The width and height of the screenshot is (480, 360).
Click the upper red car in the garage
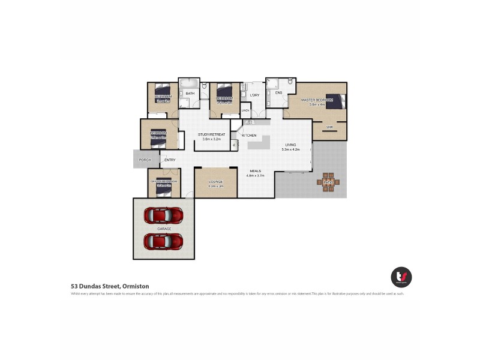point(163,215)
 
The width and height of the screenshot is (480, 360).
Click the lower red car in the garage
point(163,241)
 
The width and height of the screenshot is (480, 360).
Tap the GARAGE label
point(164,229)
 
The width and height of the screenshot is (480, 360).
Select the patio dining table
point(328,182)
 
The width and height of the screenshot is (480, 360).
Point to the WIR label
point(329,127)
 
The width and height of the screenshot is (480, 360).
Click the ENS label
point(278,93)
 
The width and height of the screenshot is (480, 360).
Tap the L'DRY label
point(254,94)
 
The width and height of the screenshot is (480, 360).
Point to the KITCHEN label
point(249,136)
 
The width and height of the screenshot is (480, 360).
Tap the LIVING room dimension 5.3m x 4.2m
point(291,149)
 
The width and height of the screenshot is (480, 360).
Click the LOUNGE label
point(215,182)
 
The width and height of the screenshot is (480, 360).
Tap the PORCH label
point(145,160)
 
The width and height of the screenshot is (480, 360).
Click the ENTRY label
point(170,160)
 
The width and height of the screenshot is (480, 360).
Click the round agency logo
point(401,277)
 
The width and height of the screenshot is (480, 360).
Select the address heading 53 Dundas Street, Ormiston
point(110,287)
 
